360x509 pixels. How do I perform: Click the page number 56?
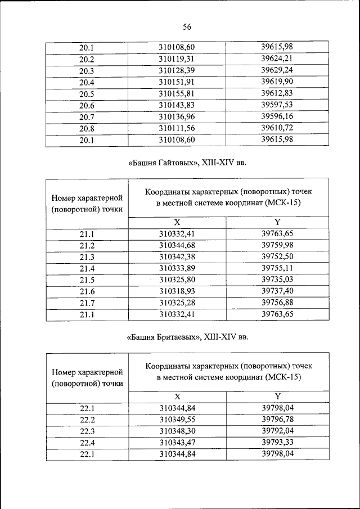click(x=187, y=26)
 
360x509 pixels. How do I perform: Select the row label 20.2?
click(x=87, y=59)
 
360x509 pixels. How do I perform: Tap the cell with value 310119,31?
click(x=177, y=59)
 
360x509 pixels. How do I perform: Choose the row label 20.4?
click(x=87, y=82)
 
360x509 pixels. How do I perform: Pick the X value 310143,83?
click(x=177, y=105)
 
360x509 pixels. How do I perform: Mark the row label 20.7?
click(x=87, y=117)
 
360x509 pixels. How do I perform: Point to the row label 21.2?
click(x=87, y=245)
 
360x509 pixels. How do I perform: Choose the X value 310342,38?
click(x=177, y=257)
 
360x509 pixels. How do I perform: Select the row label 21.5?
click(x=87, y=280)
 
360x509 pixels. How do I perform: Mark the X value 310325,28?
click(x=177, y=303)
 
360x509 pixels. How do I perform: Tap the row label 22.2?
click(x=87, y=420)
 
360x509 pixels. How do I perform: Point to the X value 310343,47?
click(x=177, y=443)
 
